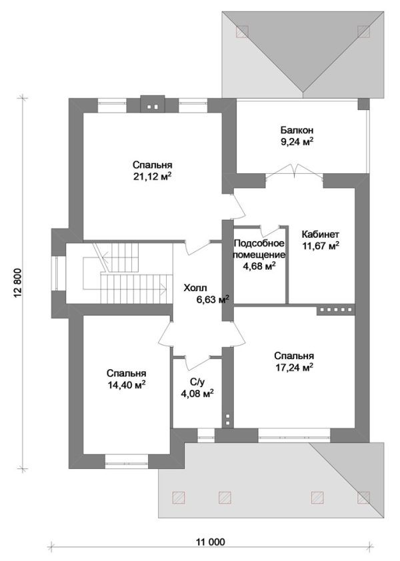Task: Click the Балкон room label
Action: [297, 130]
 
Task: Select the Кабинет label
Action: [320, 235]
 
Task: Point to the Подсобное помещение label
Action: [259, 249]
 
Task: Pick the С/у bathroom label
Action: [197, 383]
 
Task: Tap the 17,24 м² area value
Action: [295, 367]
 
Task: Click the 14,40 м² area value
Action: [127, 384]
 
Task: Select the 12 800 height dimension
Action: [21, 282]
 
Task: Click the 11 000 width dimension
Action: [211, 542]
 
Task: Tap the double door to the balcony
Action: [295, 171]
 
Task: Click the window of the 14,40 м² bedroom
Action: [127, 462]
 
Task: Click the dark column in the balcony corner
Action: [363, 104]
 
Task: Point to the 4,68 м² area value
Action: [259, 266]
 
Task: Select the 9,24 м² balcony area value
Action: [297, 142]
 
